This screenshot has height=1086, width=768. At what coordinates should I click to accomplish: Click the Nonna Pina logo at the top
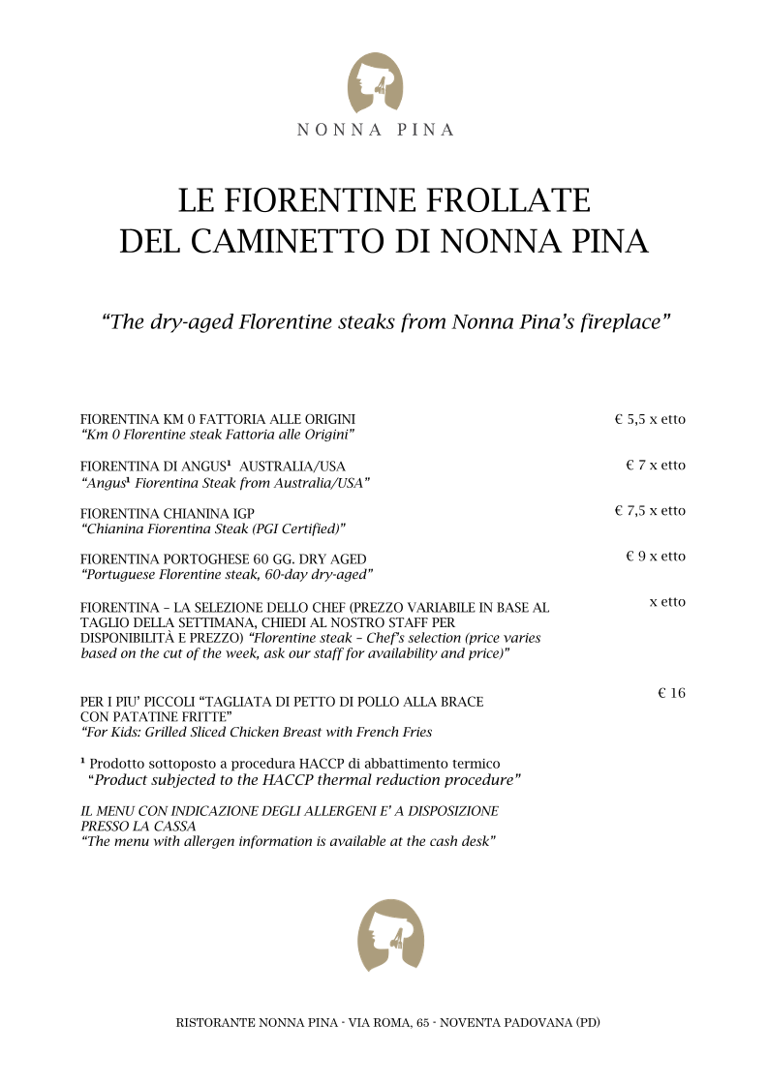click(x=375, y=82)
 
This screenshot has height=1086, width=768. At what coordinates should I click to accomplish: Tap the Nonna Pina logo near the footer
click(x=390, y=934)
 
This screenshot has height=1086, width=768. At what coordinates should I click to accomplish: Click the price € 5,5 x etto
click(x=650, y=420)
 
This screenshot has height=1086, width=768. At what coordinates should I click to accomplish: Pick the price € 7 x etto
click(x=656, y=466)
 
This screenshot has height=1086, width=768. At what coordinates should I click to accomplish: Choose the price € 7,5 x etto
click(x=650, y=511)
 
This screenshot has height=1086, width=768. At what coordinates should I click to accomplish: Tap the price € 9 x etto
click(x=656, y=557)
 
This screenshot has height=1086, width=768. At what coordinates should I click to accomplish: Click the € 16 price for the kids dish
click(x=671, y=693)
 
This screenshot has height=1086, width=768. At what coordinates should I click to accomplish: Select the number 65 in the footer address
click(x=423, y=1022)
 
